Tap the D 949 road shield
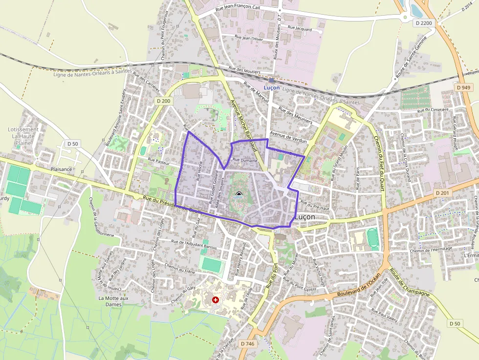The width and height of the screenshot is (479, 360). click(x=464, y=87)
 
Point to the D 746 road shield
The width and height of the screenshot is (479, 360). click(x=248, y=344)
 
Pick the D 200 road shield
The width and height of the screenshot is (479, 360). click(x=164, y=101)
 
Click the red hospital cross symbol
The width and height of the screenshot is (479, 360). click(x=216, y=299)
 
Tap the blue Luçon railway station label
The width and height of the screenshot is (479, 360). click(x=271, y=87)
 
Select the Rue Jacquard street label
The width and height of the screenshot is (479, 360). click(x=300, y=28)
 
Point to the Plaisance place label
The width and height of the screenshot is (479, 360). click(x=61, y=169)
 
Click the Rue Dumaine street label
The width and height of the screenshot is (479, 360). click(x=245, y=160)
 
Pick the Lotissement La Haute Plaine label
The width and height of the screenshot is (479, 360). click(x=23, y=136)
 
